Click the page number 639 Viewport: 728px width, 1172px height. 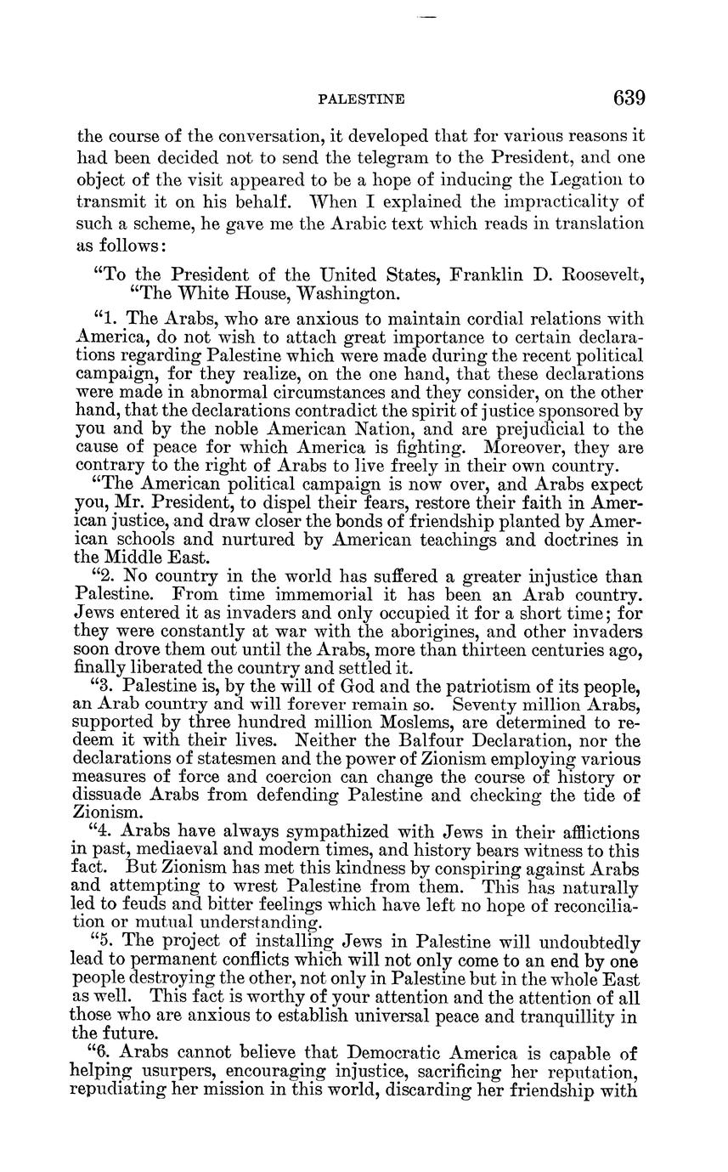tap(629, 98)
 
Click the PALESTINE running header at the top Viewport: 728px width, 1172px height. tap(361, 99)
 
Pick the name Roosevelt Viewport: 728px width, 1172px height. tap(599, 275)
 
